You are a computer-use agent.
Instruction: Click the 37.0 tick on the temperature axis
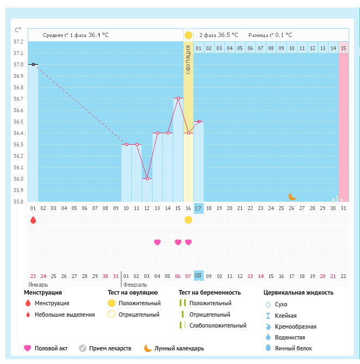[18, 65]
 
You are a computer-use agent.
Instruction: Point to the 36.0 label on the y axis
[18, 179]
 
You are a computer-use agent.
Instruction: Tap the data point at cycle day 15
[178, 98]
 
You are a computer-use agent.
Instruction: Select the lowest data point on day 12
[147, 178]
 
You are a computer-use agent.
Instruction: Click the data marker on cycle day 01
[33, 64]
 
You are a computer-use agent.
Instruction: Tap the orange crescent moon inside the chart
[292, 196]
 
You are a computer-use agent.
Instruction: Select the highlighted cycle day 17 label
[198, 208]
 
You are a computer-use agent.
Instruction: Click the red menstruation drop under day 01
[33, 220]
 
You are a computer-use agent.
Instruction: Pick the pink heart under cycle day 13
[157, 242]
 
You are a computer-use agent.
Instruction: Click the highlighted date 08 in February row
[198, 275]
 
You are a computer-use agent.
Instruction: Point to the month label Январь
[38, 285]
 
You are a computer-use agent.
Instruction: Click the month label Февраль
[135, 285]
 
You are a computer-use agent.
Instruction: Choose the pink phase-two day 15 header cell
[343, 48]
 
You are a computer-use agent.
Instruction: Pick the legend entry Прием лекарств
[110, 348]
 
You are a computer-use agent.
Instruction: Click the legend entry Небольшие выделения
[64, 314]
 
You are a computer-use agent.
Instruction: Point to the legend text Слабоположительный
[218, 325]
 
